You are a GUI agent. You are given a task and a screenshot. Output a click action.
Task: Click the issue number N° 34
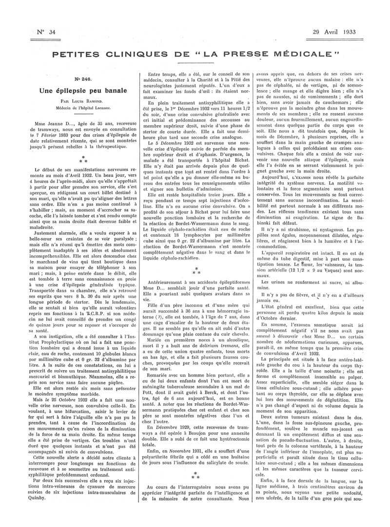(x=47, y=33)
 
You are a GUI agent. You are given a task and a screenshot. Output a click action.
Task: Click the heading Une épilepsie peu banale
(x=83, y=91)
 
